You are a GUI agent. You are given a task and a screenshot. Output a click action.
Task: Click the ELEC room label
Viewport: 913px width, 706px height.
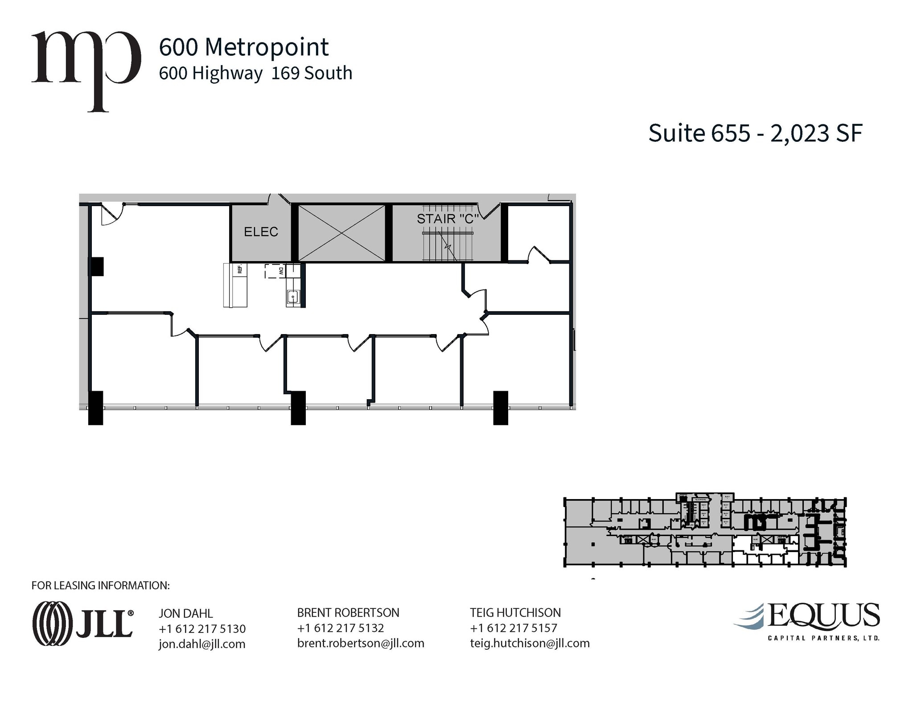(x=261, y=232)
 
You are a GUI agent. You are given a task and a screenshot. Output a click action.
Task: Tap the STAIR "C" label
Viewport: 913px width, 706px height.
(x=448, y=219)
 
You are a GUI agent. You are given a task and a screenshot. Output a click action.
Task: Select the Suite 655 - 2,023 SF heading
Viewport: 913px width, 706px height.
(x=755, y=133)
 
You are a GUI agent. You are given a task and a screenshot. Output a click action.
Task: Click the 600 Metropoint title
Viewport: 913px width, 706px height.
(x=244, y=47)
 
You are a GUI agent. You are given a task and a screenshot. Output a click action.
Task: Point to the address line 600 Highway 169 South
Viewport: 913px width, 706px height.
(x=255, y=73)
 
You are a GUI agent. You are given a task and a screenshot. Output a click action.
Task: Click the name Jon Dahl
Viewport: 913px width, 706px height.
(x=186, y=614)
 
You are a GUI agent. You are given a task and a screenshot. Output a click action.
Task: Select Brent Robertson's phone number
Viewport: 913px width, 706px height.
(x=340, y=628)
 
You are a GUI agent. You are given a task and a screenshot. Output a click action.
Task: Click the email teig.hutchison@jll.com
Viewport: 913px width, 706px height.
(x=530, y=643)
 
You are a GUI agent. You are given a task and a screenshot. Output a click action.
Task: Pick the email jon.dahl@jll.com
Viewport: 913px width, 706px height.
(x=202, y=644)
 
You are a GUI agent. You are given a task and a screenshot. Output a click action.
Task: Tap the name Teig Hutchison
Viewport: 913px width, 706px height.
(x=515, y=613)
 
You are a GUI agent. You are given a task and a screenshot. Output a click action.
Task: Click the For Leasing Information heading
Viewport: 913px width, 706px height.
(x=101, y=586)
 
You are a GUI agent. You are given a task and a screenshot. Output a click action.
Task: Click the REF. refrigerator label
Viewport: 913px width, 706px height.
(x=240, y=269)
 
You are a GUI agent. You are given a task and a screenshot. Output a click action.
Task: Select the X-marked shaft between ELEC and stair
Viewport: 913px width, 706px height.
(x=341, y=233)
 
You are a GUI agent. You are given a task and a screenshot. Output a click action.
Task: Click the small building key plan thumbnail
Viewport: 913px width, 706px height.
(x=705, y=532)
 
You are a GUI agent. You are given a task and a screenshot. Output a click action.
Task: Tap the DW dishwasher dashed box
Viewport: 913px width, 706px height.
(x=276, y=271)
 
